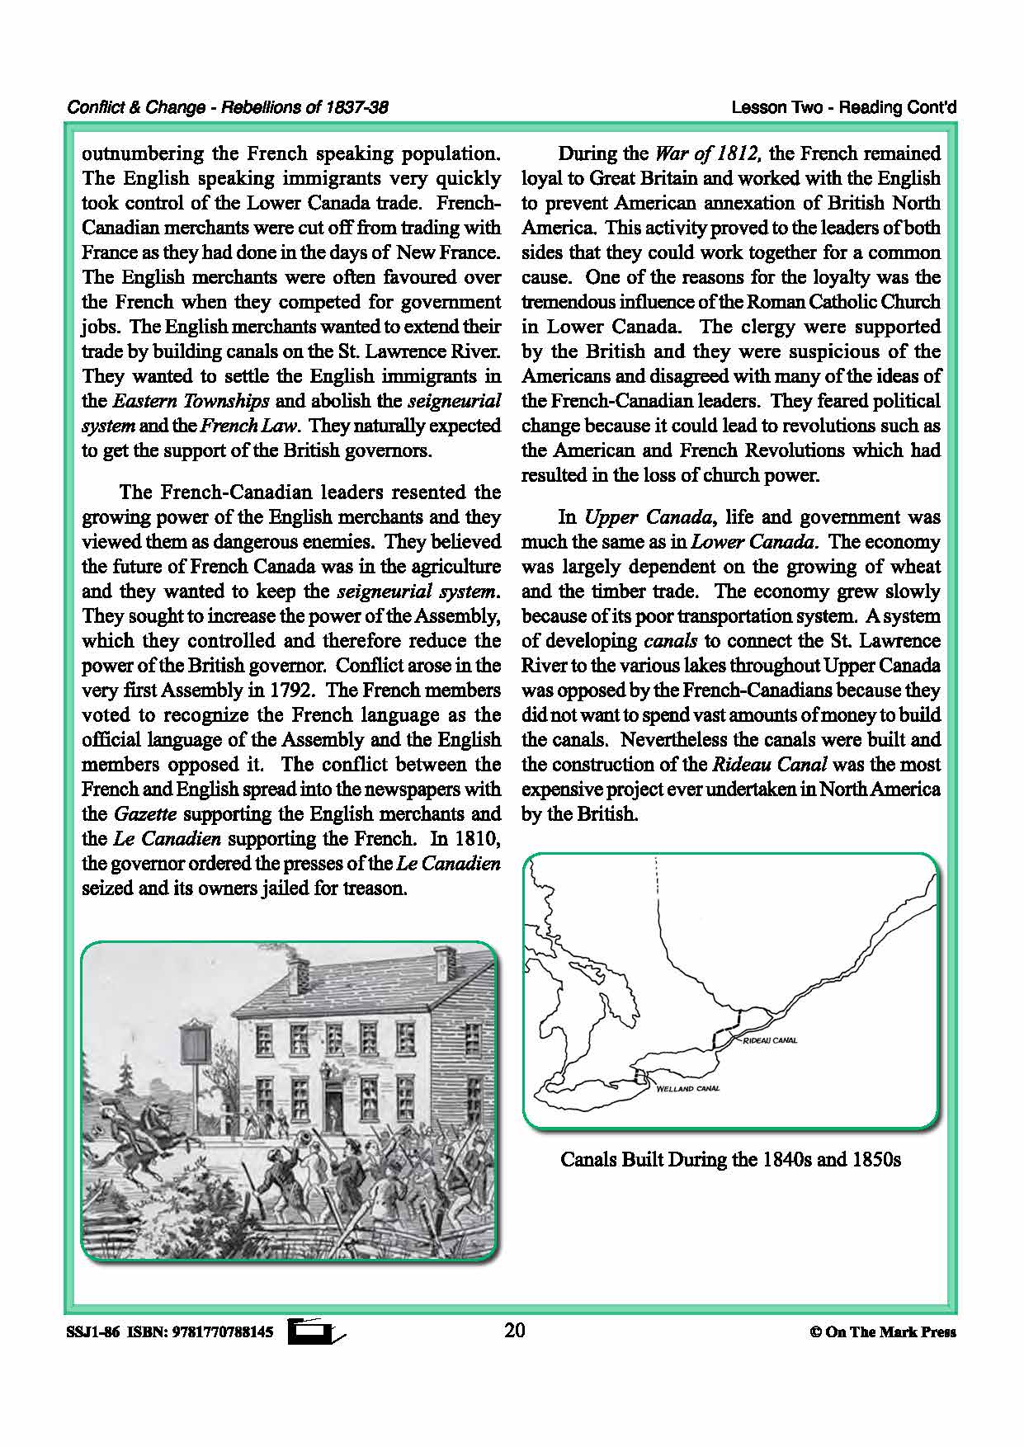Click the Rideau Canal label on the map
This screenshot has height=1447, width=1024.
[x=770, y=1040]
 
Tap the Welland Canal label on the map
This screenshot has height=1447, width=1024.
[x=687, y=1088]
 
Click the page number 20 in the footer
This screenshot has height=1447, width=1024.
[x=514, y=1330]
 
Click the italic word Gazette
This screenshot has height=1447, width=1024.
[x=145, y=814]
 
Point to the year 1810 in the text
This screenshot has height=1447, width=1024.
[x=479, y=839]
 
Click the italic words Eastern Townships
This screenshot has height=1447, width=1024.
[x=191, y=402]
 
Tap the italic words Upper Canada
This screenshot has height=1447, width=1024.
[x=647, y=517]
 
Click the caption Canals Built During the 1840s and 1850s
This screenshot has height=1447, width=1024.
[x=730, y=1159]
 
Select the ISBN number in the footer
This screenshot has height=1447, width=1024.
[x=222, y=1332]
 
